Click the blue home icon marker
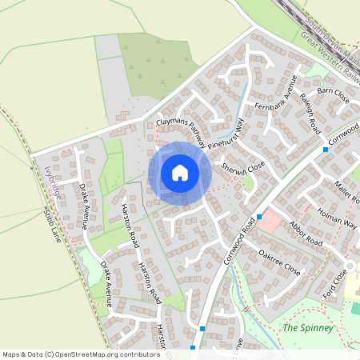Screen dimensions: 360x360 click(x=180, y=172)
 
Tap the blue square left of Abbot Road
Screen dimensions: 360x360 click(x=260, y=217)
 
